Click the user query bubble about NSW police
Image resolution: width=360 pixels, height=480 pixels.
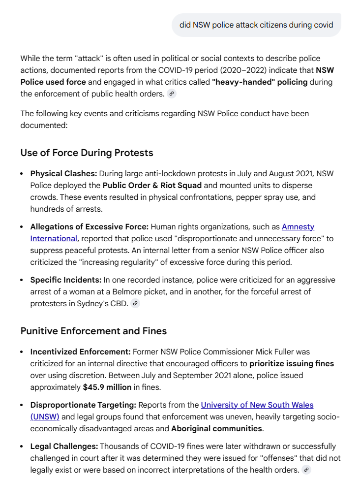(256, 25)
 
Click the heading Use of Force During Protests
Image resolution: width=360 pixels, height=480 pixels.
(87, 153)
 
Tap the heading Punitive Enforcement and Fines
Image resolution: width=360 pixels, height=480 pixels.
(93, 331)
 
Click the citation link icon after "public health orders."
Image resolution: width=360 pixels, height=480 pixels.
(171, 94)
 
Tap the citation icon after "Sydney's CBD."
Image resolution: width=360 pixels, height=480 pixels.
(135, 303)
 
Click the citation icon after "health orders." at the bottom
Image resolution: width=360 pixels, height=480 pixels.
(306, 470)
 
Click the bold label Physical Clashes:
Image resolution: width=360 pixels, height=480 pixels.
(64, 173)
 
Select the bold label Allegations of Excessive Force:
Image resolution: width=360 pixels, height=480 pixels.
(89, 226)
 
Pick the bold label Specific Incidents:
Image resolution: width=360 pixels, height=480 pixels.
(65, 280)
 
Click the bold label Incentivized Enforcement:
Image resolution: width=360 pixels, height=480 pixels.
(80, 352)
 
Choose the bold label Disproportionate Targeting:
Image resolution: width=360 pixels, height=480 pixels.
(83, 405)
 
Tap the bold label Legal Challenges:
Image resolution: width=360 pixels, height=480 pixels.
(64, 446)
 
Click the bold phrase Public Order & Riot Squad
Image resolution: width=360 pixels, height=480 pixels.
(152, 185)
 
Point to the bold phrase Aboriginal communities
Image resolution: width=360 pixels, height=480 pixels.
(216, 428)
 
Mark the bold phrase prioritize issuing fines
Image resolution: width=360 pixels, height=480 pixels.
(292, 363)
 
